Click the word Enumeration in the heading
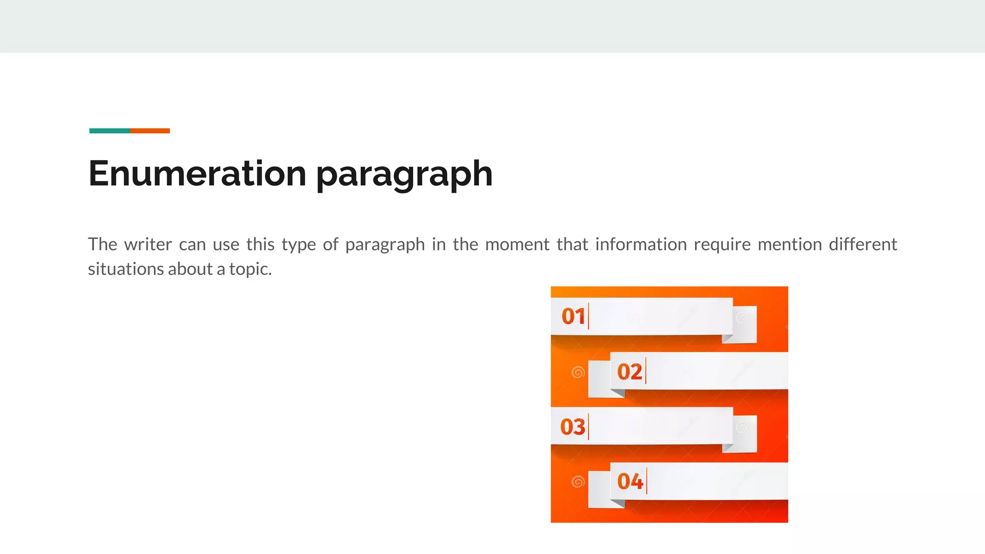(197, 174)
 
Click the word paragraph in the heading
(404, 175)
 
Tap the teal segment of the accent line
(109, 131)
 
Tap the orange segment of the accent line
(150, 131)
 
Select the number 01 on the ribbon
(573, 316)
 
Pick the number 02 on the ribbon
(630, 372)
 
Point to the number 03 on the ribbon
(573, 427)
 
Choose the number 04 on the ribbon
(630, 481)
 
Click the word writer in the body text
(148, 244)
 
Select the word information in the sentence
(641, 244)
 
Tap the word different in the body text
(863, 244)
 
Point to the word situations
(126, 269)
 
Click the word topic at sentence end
(250, 269)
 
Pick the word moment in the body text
(517, 244)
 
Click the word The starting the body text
(102, 244)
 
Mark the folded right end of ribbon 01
(745, 325)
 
